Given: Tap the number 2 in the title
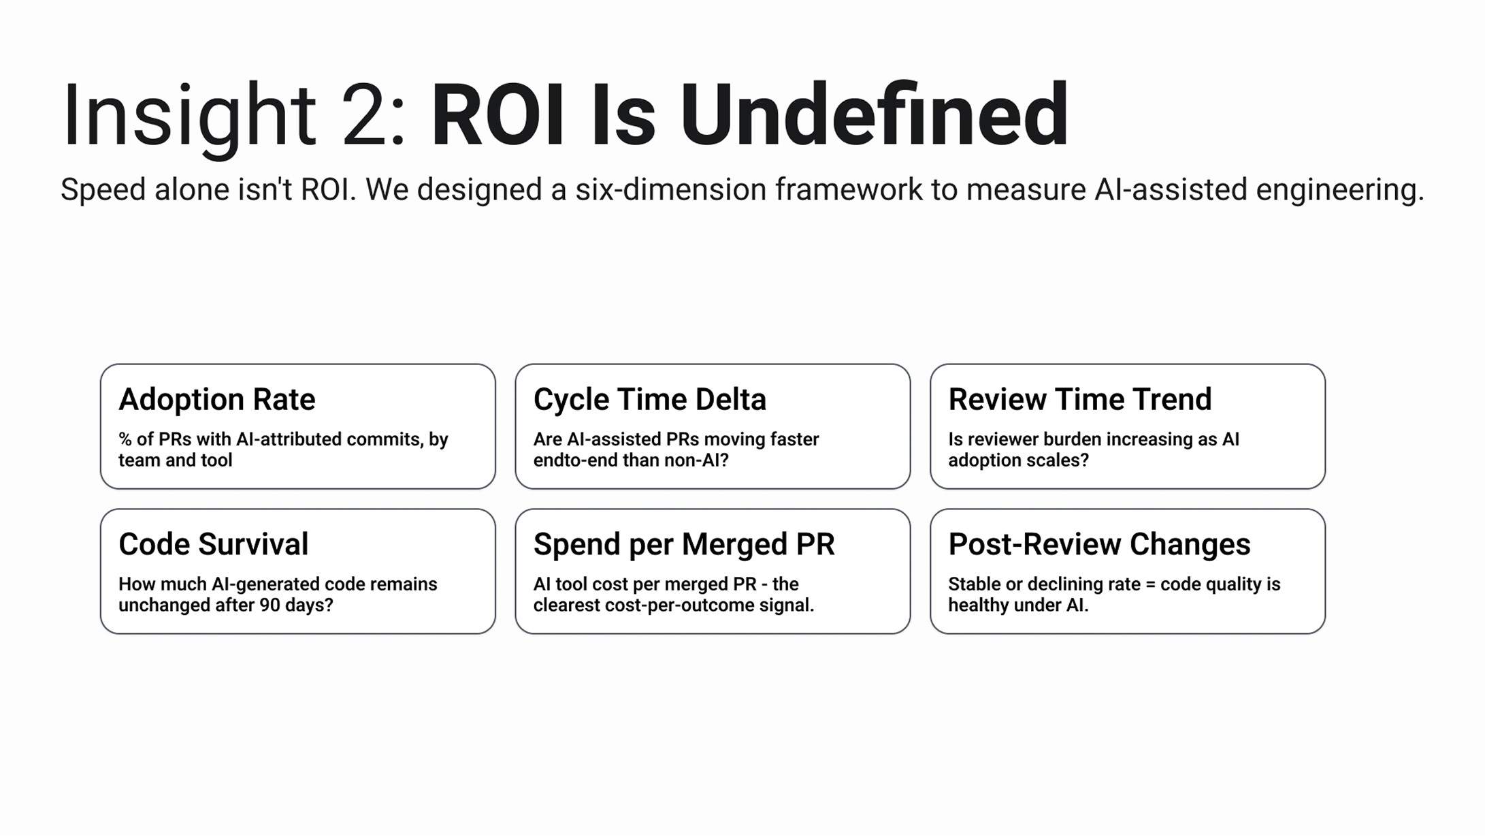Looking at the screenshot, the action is point(368,114).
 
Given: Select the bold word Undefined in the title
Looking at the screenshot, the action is point(874,114).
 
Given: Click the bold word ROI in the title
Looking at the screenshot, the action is point(497,114).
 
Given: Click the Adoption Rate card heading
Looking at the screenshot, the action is point(216,400).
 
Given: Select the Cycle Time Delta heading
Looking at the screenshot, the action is point(649,400).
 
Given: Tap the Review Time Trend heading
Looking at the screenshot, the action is point(1080,400).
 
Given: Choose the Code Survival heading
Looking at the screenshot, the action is point(213,544).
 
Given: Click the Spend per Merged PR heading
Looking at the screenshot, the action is point(684,545).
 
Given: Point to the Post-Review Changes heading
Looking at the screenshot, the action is point(1099,544).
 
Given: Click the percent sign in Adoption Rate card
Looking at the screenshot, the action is point(125,439).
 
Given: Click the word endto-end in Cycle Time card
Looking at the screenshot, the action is point(569,460).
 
